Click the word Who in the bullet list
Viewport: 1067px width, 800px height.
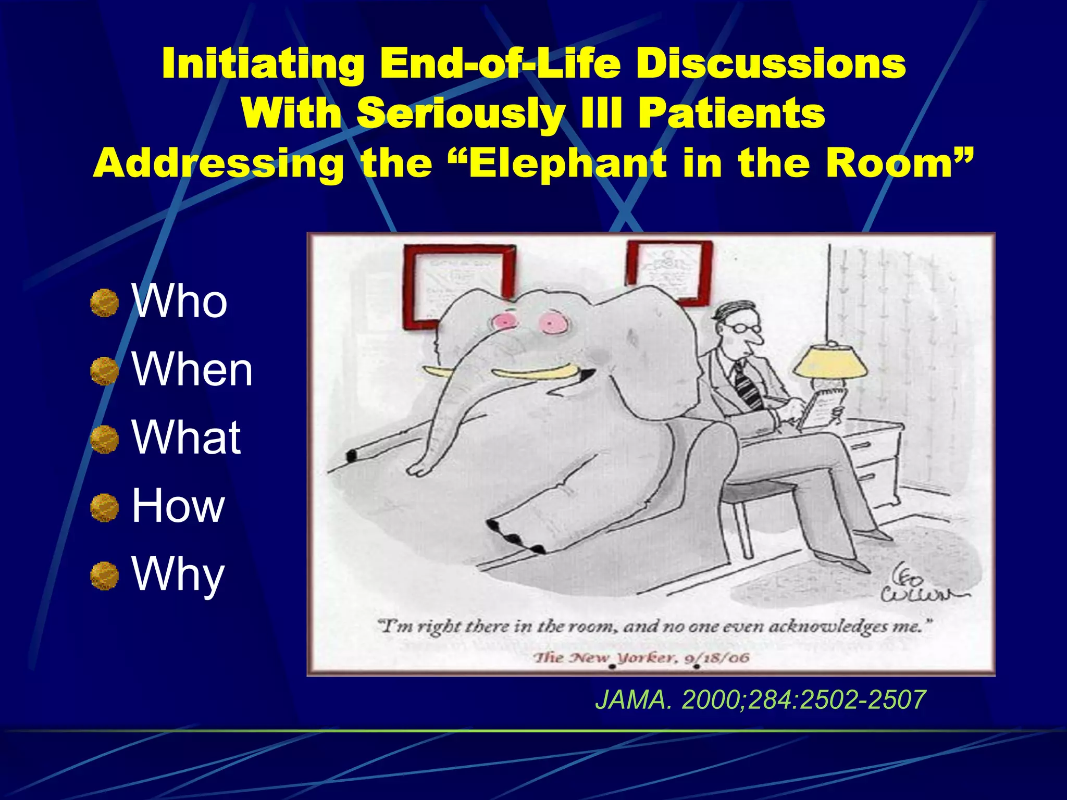point(179,302)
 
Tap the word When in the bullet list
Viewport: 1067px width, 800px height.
point(192,370)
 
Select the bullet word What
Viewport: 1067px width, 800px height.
point(186,438)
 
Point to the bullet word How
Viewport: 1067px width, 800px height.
point(178,506)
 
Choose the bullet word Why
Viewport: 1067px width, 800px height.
point(178,574)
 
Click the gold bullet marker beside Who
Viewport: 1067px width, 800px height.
point(104,303)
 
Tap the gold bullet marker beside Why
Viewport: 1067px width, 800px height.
point(104,576)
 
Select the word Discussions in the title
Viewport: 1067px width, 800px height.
point(771,64)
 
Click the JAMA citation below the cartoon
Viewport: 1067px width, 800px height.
point(760,699)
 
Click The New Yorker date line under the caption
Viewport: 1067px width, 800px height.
point(640,658)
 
